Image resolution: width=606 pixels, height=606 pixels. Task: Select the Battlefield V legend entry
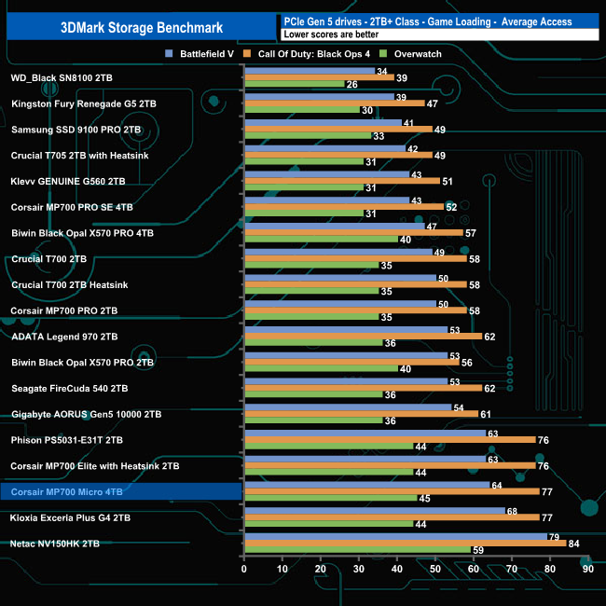coord(200,54)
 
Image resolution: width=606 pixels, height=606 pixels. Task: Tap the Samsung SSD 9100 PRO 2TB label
coord(76,130)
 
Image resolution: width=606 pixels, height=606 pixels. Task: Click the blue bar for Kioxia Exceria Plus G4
coord(374,510)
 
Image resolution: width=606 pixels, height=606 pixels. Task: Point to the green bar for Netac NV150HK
coord(357,550)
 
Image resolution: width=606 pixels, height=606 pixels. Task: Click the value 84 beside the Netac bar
coord(574,543)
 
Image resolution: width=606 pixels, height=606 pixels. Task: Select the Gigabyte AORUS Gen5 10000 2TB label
coord(87,413)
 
